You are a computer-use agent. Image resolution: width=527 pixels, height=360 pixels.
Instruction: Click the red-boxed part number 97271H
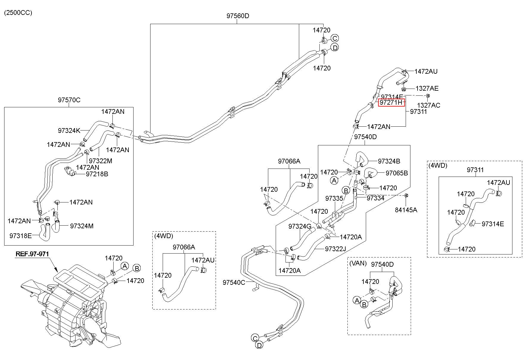[x=391, y=103]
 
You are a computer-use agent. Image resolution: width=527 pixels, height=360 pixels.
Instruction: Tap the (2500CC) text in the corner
[x=18, y=13]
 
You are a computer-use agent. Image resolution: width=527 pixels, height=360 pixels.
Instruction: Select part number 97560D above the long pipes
[x=238, y=16]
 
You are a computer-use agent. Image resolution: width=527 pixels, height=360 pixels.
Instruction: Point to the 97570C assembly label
[x=69, y=100]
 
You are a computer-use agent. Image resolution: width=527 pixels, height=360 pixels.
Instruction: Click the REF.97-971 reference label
[x=32, y=254]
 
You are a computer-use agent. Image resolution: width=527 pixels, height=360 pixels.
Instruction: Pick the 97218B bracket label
[x=97, y=174]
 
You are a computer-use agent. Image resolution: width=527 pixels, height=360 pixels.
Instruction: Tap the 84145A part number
[x=406, y=210]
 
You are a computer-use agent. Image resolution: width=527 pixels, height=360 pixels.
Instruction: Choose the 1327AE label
[x=427, y=88]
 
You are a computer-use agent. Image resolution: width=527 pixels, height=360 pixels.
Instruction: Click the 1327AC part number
[x=429, y=105]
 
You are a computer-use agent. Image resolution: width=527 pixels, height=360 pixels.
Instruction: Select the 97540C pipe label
[x=234, y=282]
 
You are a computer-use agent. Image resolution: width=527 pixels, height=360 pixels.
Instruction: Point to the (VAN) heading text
[x=358, y=264]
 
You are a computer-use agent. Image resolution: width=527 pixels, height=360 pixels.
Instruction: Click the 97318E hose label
[x=21, y=236]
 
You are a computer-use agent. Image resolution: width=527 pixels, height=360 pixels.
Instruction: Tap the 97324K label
[x=69, y=131]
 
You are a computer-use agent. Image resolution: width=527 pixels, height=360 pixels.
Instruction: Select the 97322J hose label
[x=335, y=249]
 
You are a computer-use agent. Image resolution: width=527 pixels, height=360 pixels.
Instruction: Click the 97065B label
[x=397, y=173]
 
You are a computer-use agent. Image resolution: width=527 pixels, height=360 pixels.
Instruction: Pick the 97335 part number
[x=334, y=198]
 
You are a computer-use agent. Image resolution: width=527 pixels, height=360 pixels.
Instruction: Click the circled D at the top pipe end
[x=335, y=48]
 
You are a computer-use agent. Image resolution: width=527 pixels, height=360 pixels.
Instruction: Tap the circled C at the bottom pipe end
[x=255, y=338]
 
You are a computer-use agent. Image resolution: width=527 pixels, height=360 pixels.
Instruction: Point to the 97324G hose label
[x=300, y=227]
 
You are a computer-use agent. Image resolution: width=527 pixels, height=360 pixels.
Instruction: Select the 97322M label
[x=101, y=161]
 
